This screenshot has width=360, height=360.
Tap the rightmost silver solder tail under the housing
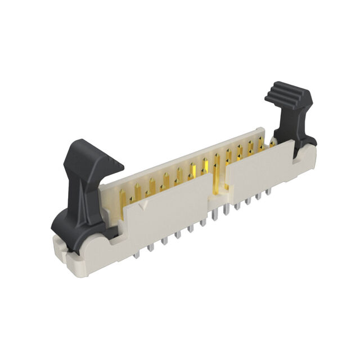(x=269, y=195)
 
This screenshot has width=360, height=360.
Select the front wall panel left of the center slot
(x=169, y=211)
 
